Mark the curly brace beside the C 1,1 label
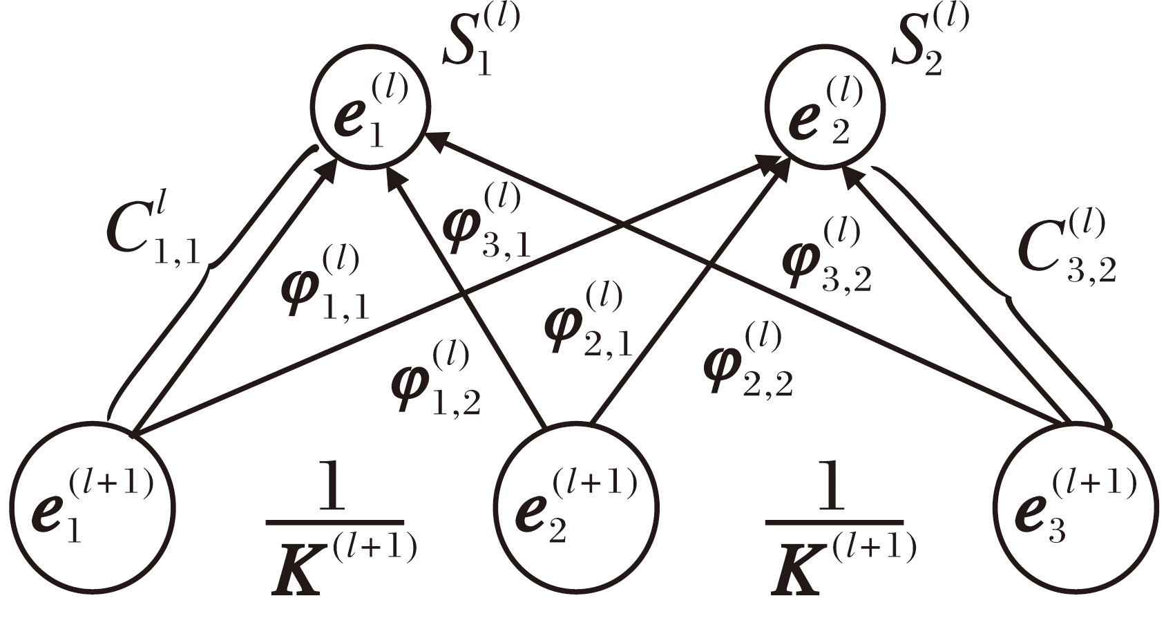(207, 277)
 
